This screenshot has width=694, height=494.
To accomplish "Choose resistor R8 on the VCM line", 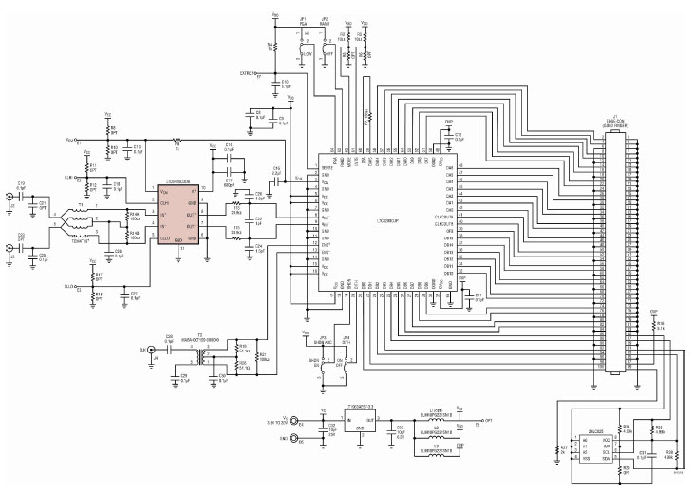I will tap(177, 148).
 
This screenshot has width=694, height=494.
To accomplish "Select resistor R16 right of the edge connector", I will tap(654, 322).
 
